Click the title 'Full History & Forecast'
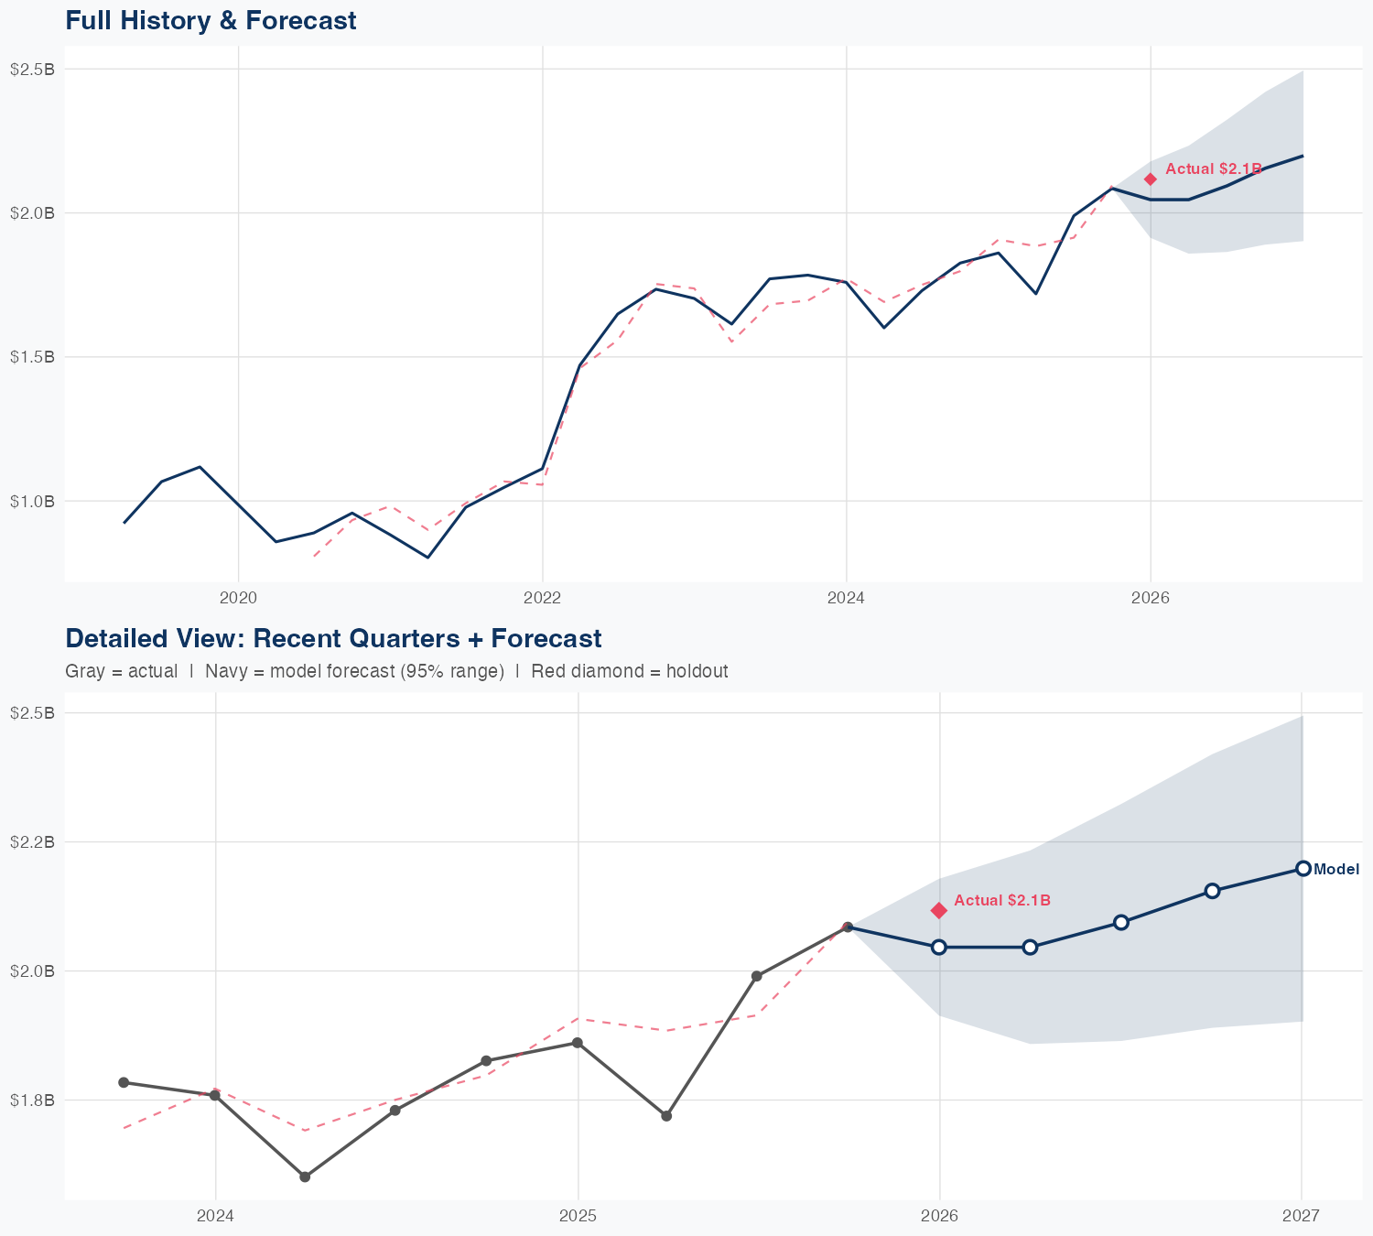coord(211,20)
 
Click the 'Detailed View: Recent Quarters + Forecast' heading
coord(333,638)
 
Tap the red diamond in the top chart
coord(1151,179)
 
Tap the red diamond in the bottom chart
coord(939,910)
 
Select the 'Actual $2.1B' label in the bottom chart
coord(1002,901)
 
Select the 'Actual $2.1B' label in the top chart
coord(1214,169)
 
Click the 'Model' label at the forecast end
coord(1336,870)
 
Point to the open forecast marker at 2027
coord(1303,869)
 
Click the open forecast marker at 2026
coord(939,947)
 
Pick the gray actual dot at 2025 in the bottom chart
coord(578,1043)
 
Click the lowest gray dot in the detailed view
coord(305,1176)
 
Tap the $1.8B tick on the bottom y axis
coord(32,1100)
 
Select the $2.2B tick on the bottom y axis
coord(32,841)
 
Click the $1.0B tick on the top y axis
coord(32,501)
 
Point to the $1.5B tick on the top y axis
coord(32,357)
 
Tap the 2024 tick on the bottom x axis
coord(216,1216)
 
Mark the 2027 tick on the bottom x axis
coord(1301,1216)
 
